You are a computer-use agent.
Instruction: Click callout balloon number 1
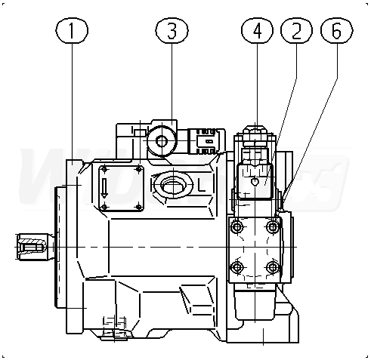[72, 30]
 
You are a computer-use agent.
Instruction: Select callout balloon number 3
[172, 30]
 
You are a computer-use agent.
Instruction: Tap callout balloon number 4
[257, 30]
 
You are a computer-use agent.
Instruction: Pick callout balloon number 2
[296, 30]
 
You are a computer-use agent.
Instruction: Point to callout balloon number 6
[337, 30]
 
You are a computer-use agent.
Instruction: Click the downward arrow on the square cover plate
[104, 188]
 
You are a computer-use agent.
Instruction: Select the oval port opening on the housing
[173, 185]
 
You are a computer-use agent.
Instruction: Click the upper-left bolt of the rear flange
[237, 227]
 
